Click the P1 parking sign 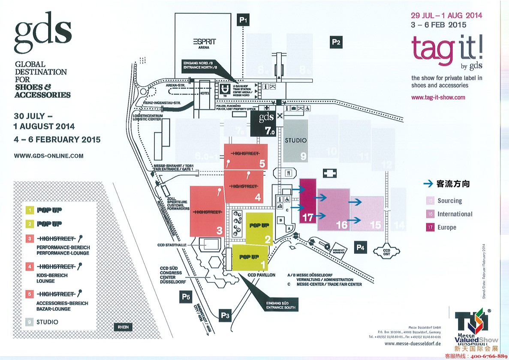point(244,20)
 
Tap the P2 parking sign point(336,42)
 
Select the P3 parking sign point(226,315)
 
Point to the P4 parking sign point(360,247)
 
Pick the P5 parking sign point(185,297)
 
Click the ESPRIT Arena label point(204,43)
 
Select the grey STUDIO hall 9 point(295,141)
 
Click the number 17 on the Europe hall point(307,217)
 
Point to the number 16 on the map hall point(341,225)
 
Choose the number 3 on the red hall point(220,231)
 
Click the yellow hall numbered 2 point(259,227)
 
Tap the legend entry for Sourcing point(449,201)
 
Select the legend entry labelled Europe point(446,228)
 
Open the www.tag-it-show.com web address point(438,97)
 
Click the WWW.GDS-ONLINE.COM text point(48,156)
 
